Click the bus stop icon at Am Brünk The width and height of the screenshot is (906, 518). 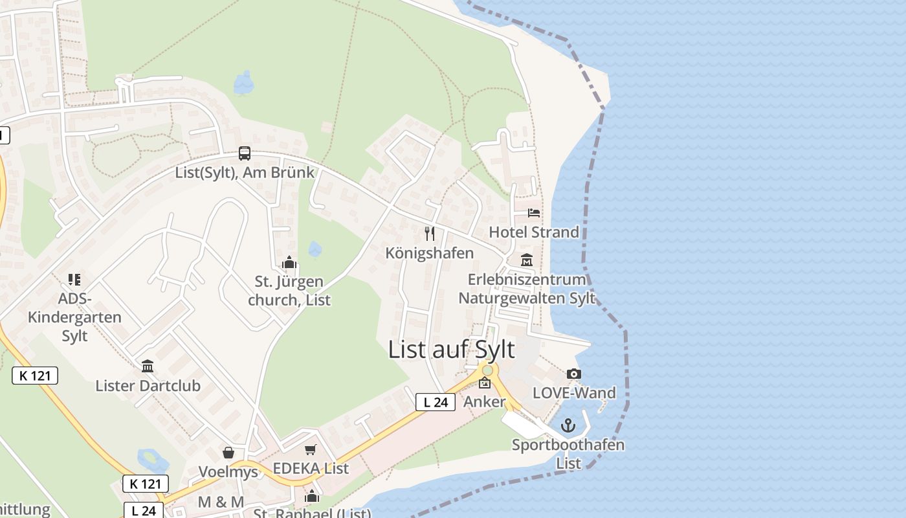click(245, 153)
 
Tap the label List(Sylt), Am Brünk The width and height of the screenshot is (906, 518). click(245, 172)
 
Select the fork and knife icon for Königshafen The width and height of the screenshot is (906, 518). click(430, 233)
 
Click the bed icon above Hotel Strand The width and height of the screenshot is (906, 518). click(534, 212)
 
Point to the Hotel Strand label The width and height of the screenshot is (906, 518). click(534, 232)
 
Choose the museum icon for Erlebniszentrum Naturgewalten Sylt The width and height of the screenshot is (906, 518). click(527, 260)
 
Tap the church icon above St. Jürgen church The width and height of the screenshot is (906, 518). click(289, 263)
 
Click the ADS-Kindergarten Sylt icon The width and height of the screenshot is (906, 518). click(74, 280)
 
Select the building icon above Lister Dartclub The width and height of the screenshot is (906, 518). click(148, 366)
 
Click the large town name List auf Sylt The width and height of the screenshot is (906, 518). click(451, 350)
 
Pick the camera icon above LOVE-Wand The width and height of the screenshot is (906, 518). click(573, 374)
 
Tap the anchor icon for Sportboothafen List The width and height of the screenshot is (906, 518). click(568, 425)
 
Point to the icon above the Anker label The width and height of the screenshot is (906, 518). click(485, 383)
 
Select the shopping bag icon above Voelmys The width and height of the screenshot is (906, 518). click(228, 453)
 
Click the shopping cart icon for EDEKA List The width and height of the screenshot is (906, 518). click(311, 449)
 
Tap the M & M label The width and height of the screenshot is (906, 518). click(221, 502)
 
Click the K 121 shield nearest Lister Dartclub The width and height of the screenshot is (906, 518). click(35, 376)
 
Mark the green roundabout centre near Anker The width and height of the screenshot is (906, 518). click(487, 370)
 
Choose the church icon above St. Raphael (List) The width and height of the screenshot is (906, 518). click(312, 497)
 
